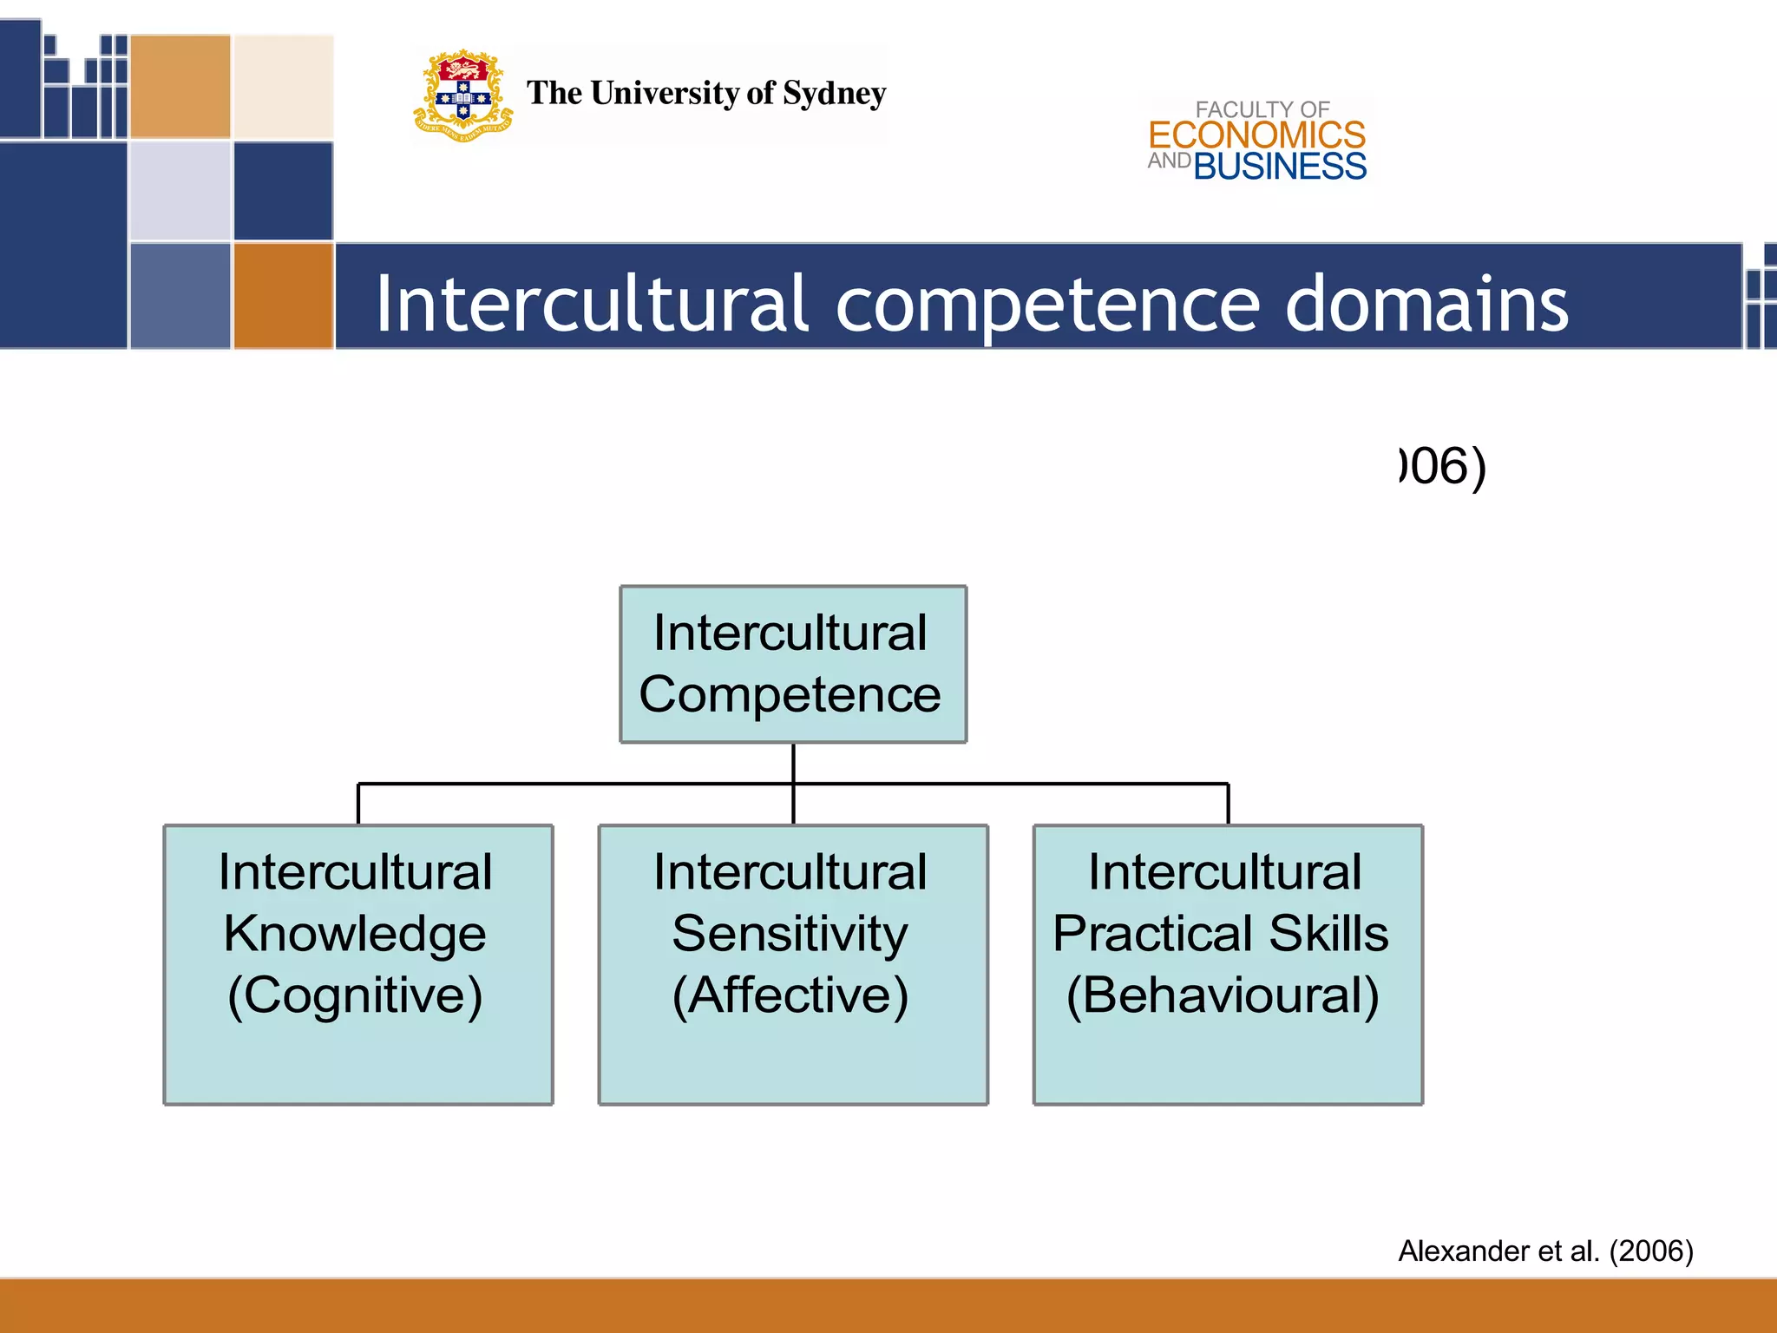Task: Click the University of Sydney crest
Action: point(462,95)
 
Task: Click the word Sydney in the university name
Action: point(834,94)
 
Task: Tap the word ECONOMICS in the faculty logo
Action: point(1256,135)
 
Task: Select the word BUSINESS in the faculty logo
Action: point(1280,167)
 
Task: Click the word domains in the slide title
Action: point(1426,304)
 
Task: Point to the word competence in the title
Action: point(1047,304)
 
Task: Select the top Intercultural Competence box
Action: point(792,664)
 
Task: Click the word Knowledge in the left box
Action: point(355,934)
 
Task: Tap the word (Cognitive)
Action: point(355,995)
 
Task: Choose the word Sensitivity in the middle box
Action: point(790,934)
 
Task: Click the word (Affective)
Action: point(790,995)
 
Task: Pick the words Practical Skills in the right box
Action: point(1220,934)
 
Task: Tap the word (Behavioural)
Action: point(1223,995)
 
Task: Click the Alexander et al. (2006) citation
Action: point(1545,1251)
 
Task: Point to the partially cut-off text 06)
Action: point(1443,467)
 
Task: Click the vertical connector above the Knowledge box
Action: point(358,804)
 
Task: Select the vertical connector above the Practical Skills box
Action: point(1228,804)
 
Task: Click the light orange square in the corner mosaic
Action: point(180,86)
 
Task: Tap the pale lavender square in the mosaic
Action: point(180,191)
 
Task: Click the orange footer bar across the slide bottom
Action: point(888,1306)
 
